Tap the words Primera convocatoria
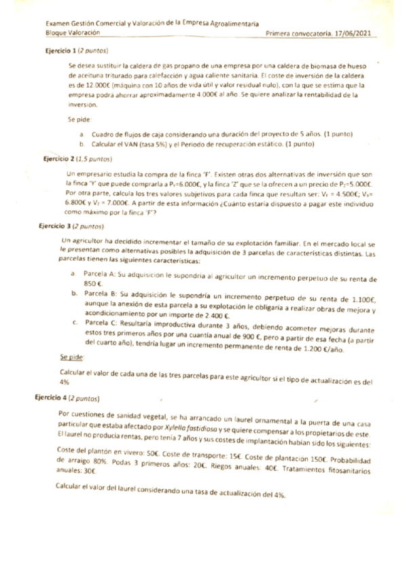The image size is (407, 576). point(298,32)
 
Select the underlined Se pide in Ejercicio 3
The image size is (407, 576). point(71,357)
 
